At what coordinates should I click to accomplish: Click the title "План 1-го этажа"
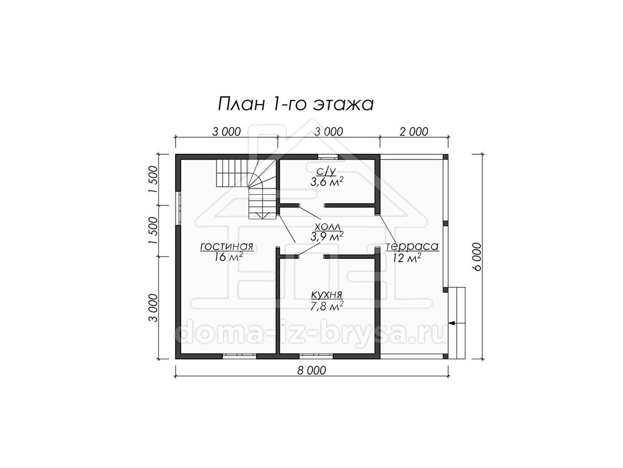point(295,104)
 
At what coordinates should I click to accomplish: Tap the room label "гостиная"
point(226,246)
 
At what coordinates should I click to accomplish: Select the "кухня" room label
point(327,295)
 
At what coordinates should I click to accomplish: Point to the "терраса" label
point(412,246)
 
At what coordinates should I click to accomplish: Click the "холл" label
point(327,227)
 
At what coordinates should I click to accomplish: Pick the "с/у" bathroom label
point(327,171)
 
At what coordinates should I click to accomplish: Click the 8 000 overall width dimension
point(311,371)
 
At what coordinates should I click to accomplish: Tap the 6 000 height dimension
point(478,256)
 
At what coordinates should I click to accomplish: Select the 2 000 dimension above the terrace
point(414,132)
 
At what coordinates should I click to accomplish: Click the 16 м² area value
point(228,256)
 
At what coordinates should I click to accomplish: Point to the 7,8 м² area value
point(327,306)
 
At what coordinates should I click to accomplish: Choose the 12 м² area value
point(407,258)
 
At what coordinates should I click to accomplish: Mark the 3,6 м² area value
point(327,181)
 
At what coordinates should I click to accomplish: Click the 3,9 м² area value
point(327,236)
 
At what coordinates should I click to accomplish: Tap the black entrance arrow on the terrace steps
point(452,323)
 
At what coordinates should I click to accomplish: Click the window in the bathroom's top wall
point(328,157)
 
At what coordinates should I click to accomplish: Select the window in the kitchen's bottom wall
point(316,356)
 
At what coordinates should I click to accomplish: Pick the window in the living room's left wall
point(179,209)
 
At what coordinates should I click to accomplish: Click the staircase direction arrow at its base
point(263,215)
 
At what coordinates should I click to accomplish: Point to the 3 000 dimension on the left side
point(153,308)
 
